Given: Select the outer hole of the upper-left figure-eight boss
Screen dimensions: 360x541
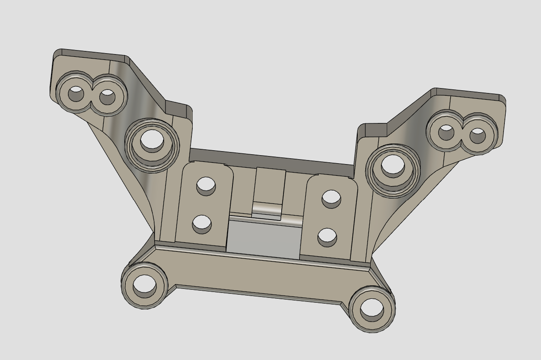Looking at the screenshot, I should pos(76,94).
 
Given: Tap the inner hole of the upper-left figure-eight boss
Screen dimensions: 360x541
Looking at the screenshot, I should pos(107,97).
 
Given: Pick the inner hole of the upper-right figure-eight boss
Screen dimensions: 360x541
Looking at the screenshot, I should pos(446,132).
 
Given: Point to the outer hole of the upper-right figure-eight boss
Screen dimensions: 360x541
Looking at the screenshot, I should pos(478,135).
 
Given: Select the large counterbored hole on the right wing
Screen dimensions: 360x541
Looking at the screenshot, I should pos(393,165).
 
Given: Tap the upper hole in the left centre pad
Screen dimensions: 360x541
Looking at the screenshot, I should pos(206,185).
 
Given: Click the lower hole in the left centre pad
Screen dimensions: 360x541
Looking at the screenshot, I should pos(202,223).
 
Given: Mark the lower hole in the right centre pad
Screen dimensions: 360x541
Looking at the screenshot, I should pos(327,237).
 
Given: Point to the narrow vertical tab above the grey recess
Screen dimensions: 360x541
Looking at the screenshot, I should pos(270,186).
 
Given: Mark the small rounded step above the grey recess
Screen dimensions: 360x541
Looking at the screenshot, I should pos(267,209).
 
